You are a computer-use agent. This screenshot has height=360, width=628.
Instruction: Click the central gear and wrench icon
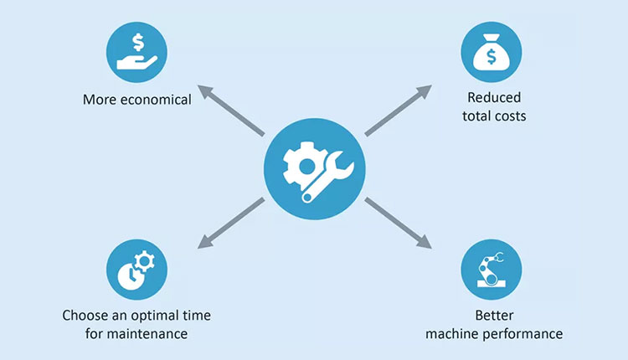313,168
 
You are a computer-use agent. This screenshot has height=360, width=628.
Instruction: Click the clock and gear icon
137,270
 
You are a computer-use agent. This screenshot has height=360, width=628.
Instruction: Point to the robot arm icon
492,270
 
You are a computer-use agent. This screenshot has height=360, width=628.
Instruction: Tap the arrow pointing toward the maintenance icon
231,224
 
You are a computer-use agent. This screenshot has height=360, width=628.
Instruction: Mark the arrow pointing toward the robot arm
398,224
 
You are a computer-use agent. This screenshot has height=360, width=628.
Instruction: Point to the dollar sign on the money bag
492,58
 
